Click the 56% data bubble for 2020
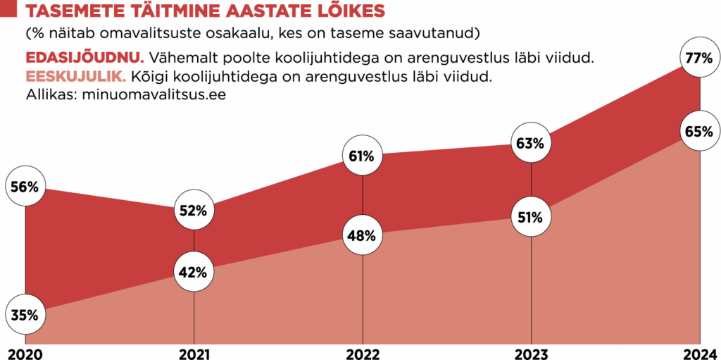coord(25,187)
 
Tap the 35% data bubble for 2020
coord(25,315)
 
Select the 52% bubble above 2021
coord(194,210)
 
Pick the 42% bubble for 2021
coord(194,272)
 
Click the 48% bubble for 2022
coord(362,235)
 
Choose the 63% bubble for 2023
coord(531,144)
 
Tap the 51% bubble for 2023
coord(531,217)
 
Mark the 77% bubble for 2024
coord(699,58)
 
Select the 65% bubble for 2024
coord(699,131)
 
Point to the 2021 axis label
coord(194,352)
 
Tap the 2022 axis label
coord(362,352)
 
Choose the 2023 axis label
coord(531,352)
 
